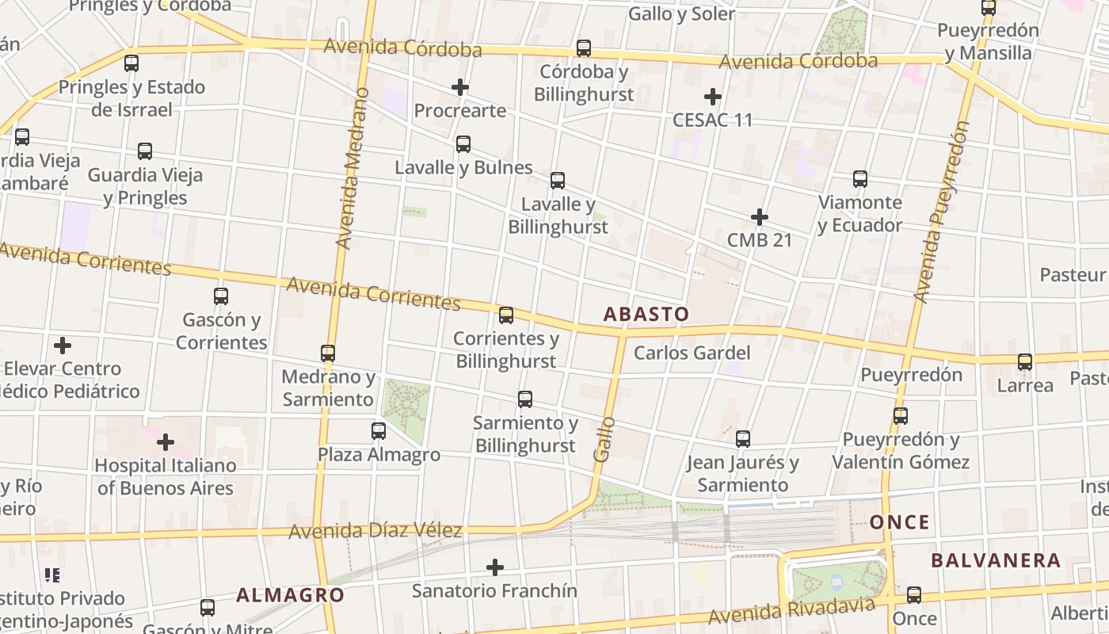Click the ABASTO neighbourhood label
646,314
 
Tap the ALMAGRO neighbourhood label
290,595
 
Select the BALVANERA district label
995,560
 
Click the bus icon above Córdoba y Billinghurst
584,48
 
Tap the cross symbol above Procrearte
459,87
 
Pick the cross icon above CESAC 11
712,97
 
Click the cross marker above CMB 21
759,216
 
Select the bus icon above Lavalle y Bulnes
463,144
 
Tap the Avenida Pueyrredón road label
941,212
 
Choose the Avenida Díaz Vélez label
375,530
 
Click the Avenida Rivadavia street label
792,610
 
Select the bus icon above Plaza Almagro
379,431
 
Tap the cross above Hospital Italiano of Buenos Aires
166,441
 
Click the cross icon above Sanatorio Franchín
494,567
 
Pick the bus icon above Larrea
1025,362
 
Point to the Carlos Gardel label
692,353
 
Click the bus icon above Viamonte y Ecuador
860,179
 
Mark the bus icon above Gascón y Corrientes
221,296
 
